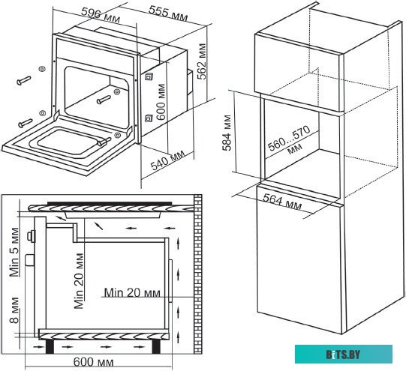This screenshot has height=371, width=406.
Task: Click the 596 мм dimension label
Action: (x=101, y=16)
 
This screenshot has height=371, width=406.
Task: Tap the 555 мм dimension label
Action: (x=168, y=13)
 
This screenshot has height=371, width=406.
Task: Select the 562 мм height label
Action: (x=202, y=61)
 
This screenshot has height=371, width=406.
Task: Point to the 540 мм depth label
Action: (x=168, y=160)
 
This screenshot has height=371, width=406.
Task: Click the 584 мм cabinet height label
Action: (x=227, y=133)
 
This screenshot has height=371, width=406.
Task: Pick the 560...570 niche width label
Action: (x=289, y=141)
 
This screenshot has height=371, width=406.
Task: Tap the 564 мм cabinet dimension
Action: (x=282, y=202)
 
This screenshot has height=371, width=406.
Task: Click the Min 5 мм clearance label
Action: (x=14, y=252)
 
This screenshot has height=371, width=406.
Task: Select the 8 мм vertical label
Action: (x=14, y=310)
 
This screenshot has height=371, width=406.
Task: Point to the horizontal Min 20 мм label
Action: (x=132, y=292)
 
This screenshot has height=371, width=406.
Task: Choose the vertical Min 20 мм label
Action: (x=79, y=281)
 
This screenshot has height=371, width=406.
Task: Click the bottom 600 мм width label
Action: (x=94, y=362)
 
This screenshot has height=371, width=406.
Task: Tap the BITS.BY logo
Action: (x=344, y=355)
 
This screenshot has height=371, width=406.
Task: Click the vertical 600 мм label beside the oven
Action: (x=161, y=102)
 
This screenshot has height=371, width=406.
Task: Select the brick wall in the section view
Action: (x=198, y=274)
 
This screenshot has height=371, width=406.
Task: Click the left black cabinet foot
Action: (x=50, y=346)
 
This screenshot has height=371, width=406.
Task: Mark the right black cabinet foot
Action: (x=156, y=346)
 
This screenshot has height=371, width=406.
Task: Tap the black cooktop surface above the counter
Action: (x=110, y=204)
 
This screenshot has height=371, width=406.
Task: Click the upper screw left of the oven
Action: (x=24, y=80)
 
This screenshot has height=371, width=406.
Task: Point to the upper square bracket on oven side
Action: (x=149, y=76)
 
